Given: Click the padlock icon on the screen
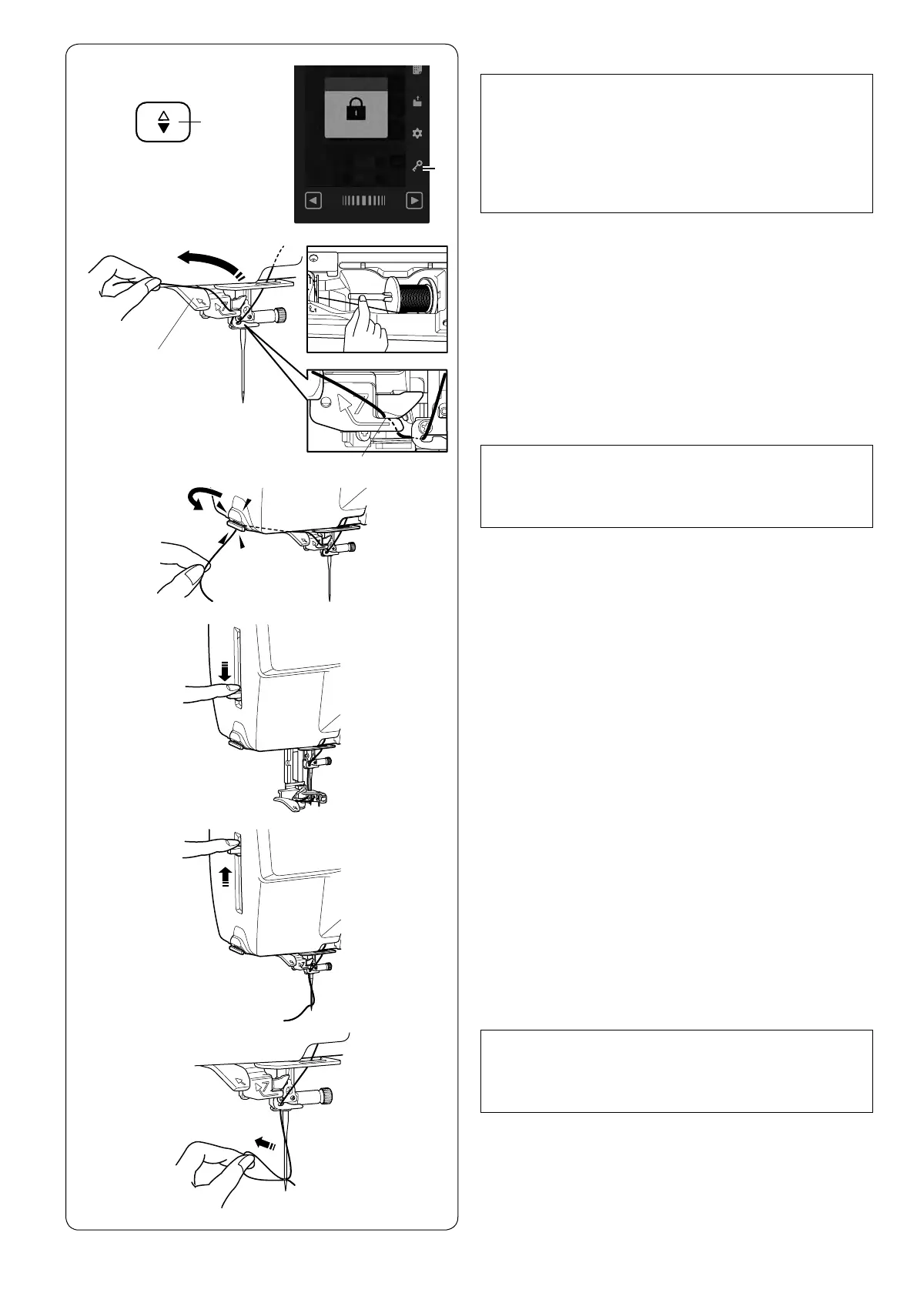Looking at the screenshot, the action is tap(355, 111).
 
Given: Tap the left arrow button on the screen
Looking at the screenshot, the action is tap(313, 201).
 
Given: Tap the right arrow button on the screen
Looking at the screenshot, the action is tap(414, 201).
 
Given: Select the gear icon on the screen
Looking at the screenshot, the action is tap(417, 133).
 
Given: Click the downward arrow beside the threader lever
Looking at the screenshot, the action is tap(225, 671).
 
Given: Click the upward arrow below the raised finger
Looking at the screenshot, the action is tap(225, 876).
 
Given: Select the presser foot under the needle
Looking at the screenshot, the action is tap(296, 800).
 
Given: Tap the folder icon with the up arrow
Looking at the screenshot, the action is tap(417, 101).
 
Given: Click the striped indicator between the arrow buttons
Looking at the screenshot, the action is tap(363, 201).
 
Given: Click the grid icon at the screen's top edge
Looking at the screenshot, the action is tap(417, 69).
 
